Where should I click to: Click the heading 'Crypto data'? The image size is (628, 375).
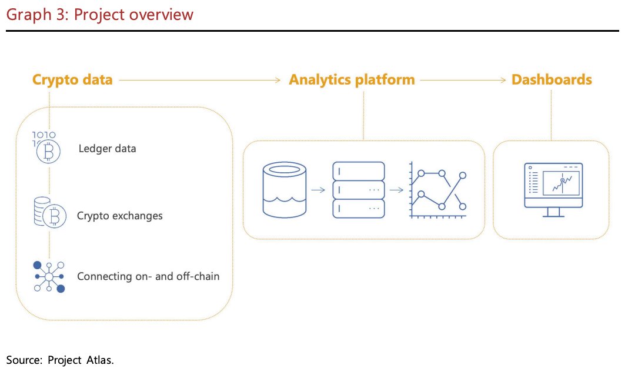point(72,80)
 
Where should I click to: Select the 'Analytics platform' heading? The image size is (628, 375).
point(352,80)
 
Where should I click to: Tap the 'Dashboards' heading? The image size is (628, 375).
point(552,80)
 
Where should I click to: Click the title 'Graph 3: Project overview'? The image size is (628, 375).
point(99,14)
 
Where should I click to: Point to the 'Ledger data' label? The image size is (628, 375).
point(107,149)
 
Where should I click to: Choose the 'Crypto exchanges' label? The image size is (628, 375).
point(119,216)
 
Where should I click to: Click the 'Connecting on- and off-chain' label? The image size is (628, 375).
point(148,276)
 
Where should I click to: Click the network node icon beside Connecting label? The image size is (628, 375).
point(49,276)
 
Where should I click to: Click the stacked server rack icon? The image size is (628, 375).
point(359,189)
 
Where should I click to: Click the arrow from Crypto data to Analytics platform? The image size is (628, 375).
point(200,80)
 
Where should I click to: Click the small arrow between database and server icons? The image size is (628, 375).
point(318,190)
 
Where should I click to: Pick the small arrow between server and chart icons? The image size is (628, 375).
point(396,190)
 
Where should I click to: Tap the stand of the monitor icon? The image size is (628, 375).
point(553,212)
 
